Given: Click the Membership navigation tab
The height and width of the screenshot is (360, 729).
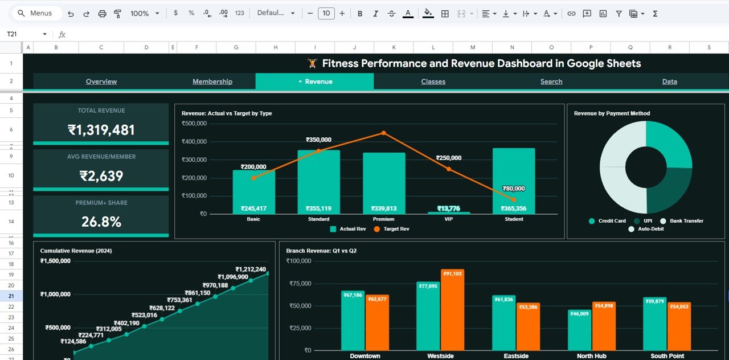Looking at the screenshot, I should [212, 81].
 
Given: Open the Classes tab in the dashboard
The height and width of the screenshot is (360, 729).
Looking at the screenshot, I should [433, 81].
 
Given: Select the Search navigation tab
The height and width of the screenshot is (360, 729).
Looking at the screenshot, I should [551, 81].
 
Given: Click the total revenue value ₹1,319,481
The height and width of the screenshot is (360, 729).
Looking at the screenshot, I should [101, 130].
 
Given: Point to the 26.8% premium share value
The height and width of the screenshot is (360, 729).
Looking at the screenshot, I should [101, 222].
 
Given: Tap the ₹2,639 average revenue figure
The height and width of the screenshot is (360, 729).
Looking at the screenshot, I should [101, 176].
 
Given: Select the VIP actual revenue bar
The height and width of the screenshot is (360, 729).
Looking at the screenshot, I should [449, 213].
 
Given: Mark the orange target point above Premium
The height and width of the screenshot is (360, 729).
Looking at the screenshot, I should [383, 133].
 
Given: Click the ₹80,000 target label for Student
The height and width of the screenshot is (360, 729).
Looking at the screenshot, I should [514, 189].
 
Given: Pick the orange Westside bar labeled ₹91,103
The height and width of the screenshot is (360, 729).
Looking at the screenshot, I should [452, 310].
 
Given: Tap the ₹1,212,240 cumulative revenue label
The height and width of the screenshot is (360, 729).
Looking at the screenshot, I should [251, 269].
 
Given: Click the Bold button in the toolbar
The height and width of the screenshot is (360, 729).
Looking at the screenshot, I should [360, 13].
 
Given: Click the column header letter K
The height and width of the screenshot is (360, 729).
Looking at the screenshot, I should [394, 48].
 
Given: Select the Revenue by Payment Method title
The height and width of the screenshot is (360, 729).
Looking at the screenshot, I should [612, 113].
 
